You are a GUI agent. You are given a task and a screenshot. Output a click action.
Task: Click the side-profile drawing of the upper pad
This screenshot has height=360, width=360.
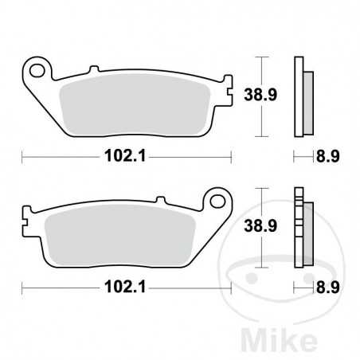click(301, 96)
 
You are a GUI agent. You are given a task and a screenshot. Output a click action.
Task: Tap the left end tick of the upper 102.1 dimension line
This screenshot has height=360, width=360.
click(22, 157)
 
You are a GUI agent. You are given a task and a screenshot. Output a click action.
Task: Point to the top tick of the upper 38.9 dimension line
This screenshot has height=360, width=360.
click(264, 57)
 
